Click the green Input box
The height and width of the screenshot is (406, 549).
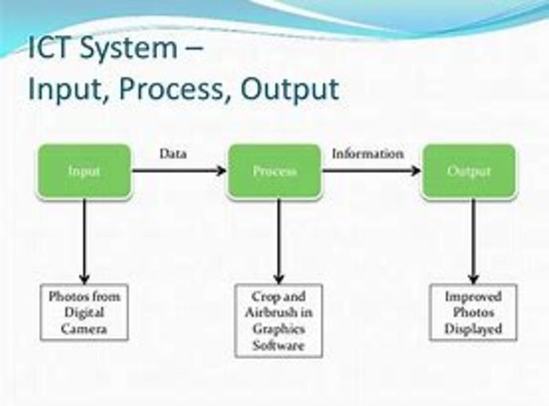(84, 171)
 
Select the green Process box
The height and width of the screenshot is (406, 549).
(274, 171)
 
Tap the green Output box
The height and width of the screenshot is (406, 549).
(469, 171)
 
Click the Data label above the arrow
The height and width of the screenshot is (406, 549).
(173, 154)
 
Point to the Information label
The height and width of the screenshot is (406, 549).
(368, 154)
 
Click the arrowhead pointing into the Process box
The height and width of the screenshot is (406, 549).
(222, 171)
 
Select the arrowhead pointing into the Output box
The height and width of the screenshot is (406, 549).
(416, 171)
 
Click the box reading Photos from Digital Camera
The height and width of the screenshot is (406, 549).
(84, 312)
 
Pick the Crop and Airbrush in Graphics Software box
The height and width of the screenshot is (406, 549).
(278, 321)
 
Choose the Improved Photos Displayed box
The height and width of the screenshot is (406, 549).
(473, 312)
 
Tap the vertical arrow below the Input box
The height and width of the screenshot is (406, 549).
(84, 241)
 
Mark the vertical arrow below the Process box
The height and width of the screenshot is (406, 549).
(278, 241)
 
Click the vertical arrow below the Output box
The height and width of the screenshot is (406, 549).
(474, 241)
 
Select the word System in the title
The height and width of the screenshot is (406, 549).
(129, 49)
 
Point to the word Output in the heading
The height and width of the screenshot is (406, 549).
(290, 89)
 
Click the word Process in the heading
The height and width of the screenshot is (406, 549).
(171, 89)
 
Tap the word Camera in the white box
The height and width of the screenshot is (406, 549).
(84, 329)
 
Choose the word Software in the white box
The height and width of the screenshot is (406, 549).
(278, 346)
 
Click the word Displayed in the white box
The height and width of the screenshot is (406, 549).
(473, 329)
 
